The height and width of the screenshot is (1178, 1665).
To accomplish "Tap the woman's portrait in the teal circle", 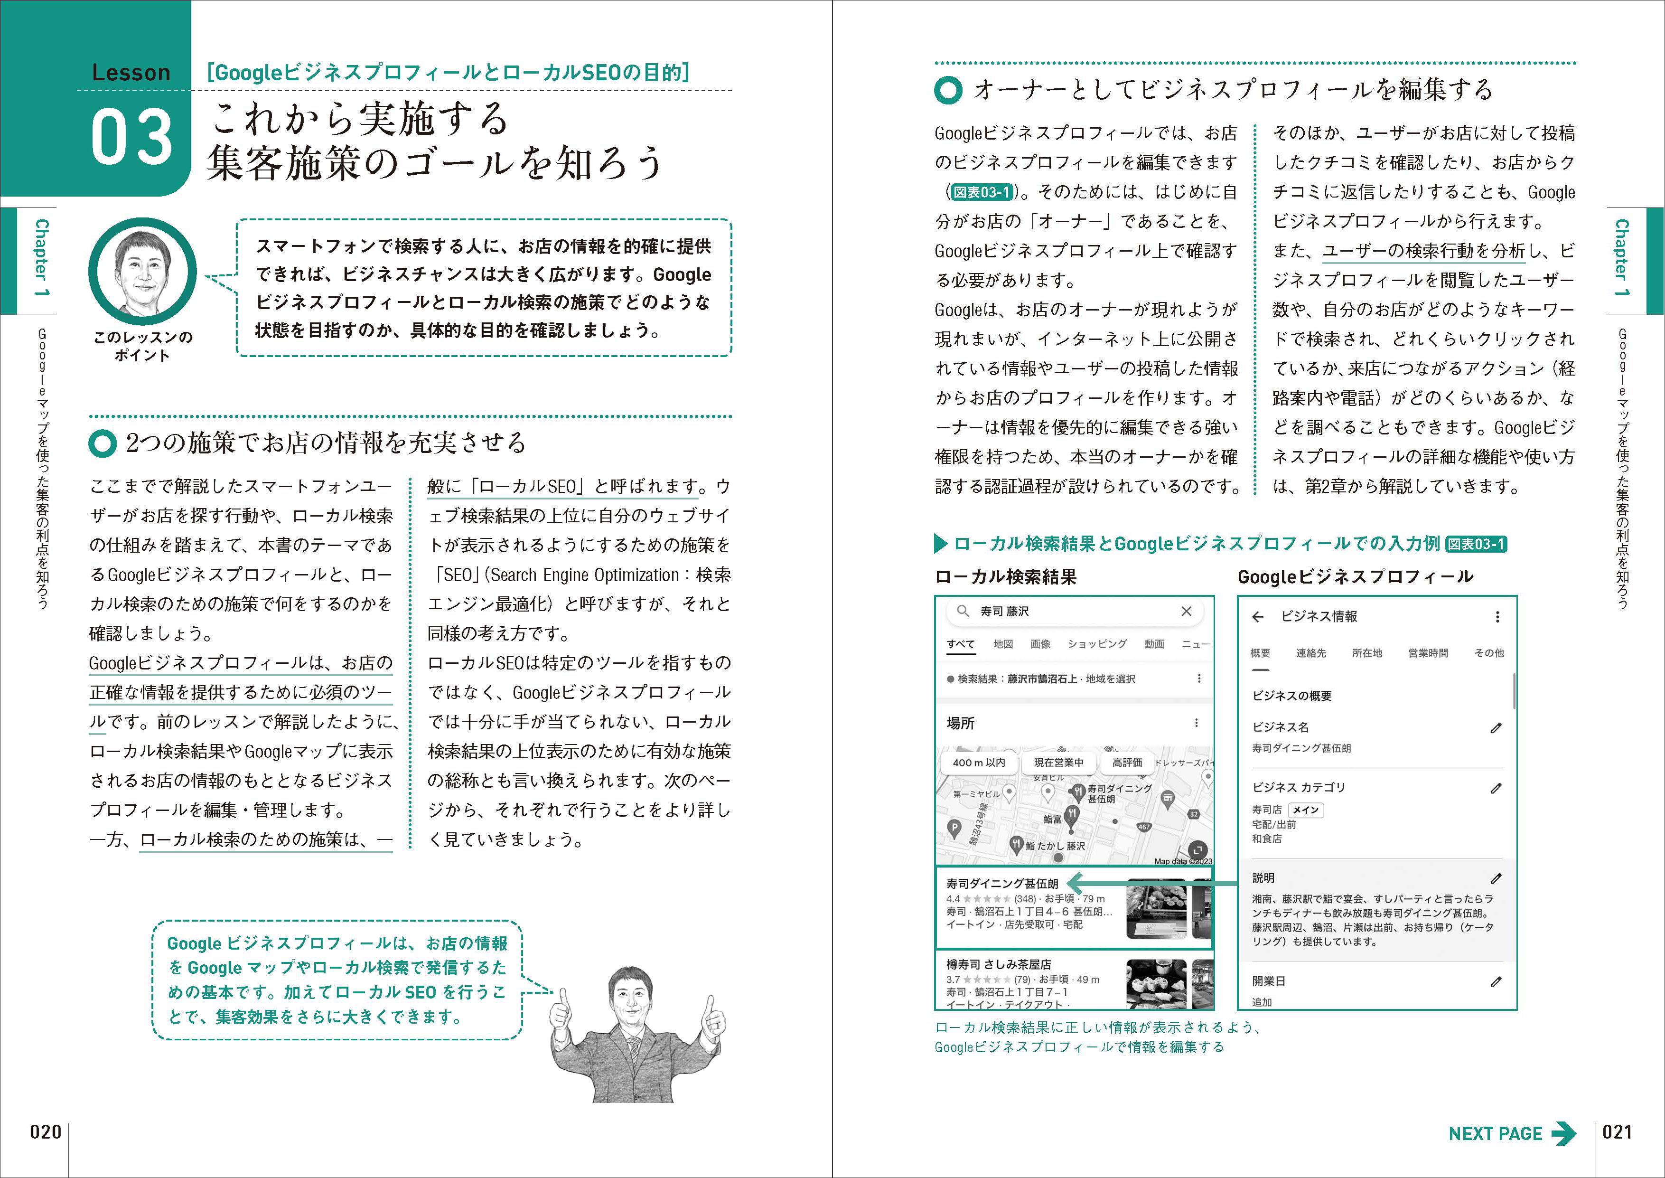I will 142,273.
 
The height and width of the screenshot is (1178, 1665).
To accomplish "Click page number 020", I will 46,1132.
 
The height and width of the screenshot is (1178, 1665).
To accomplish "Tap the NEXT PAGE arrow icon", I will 1563,1134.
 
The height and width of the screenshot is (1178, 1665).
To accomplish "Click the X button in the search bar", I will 1187,612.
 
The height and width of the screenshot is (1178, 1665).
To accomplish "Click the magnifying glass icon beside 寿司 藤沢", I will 963,612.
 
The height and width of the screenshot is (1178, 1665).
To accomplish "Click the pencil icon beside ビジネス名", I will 1495,727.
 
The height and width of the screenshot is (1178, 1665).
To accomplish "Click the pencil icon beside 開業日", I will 1495,981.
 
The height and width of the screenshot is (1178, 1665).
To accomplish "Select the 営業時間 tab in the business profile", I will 1427,653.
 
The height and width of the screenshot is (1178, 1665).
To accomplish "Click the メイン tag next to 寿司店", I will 1306,810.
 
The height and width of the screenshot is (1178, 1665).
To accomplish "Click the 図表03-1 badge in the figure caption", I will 1476,544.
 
